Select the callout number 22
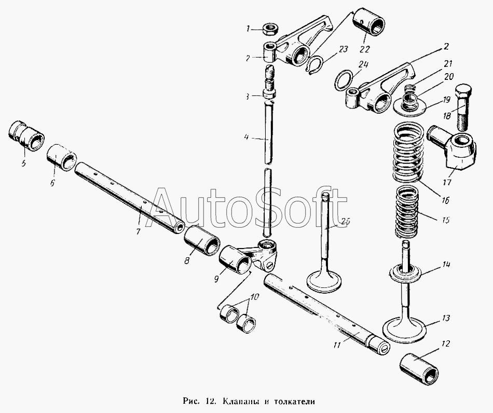(x=365, y=50)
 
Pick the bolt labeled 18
(x=462, y=107)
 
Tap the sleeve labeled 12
(x=419, y=368)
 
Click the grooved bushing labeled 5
(x=26, y=136)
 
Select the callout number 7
(x=138, y=231)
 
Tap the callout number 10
(x=254, y=297)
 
